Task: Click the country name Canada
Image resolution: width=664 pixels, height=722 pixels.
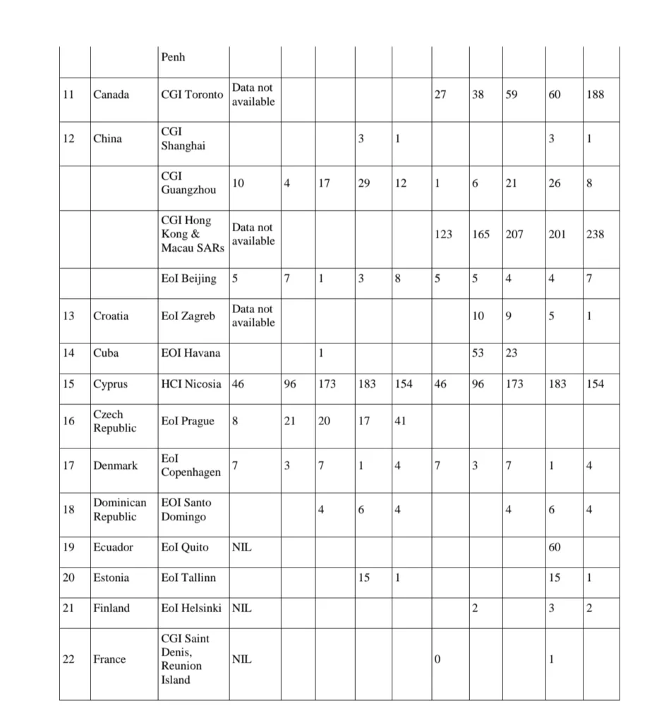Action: point(111,94)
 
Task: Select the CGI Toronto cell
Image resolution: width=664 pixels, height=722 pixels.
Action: point(192,94)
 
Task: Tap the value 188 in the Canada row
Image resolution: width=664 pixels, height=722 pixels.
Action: point(595,94)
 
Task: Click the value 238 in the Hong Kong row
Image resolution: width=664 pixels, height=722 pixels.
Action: point(595,234)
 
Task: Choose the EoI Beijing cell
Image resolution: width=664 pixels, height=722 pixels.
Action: point(188,279)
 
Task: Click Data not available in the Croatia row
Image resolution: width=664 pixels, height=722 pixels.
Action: point(253,315)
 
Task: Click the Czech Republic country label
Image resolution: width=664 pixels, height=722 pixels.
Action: point(115,421)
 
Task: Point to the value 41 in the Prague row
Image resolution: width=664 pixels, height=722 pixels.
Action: point(400,421)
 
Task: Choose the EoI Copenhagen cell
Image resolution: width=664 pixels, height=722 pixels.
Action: point(191,465)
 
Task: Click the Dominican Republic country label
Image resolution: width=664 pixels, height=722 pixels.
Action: point(120,510)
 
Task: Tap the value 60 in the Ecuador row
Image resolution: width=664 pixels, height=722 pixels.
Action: point(555,547)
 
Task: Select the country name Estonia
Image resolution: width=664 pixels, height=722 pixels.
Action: point(111,577)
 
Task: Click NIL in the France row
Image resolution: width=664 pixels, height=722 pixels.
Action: point(241,659)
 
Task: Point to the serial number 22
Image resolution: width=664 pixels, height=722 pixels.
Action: point(68,659)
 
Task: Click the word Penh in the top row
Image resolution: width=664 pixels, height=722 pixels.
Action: point(173,56)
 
